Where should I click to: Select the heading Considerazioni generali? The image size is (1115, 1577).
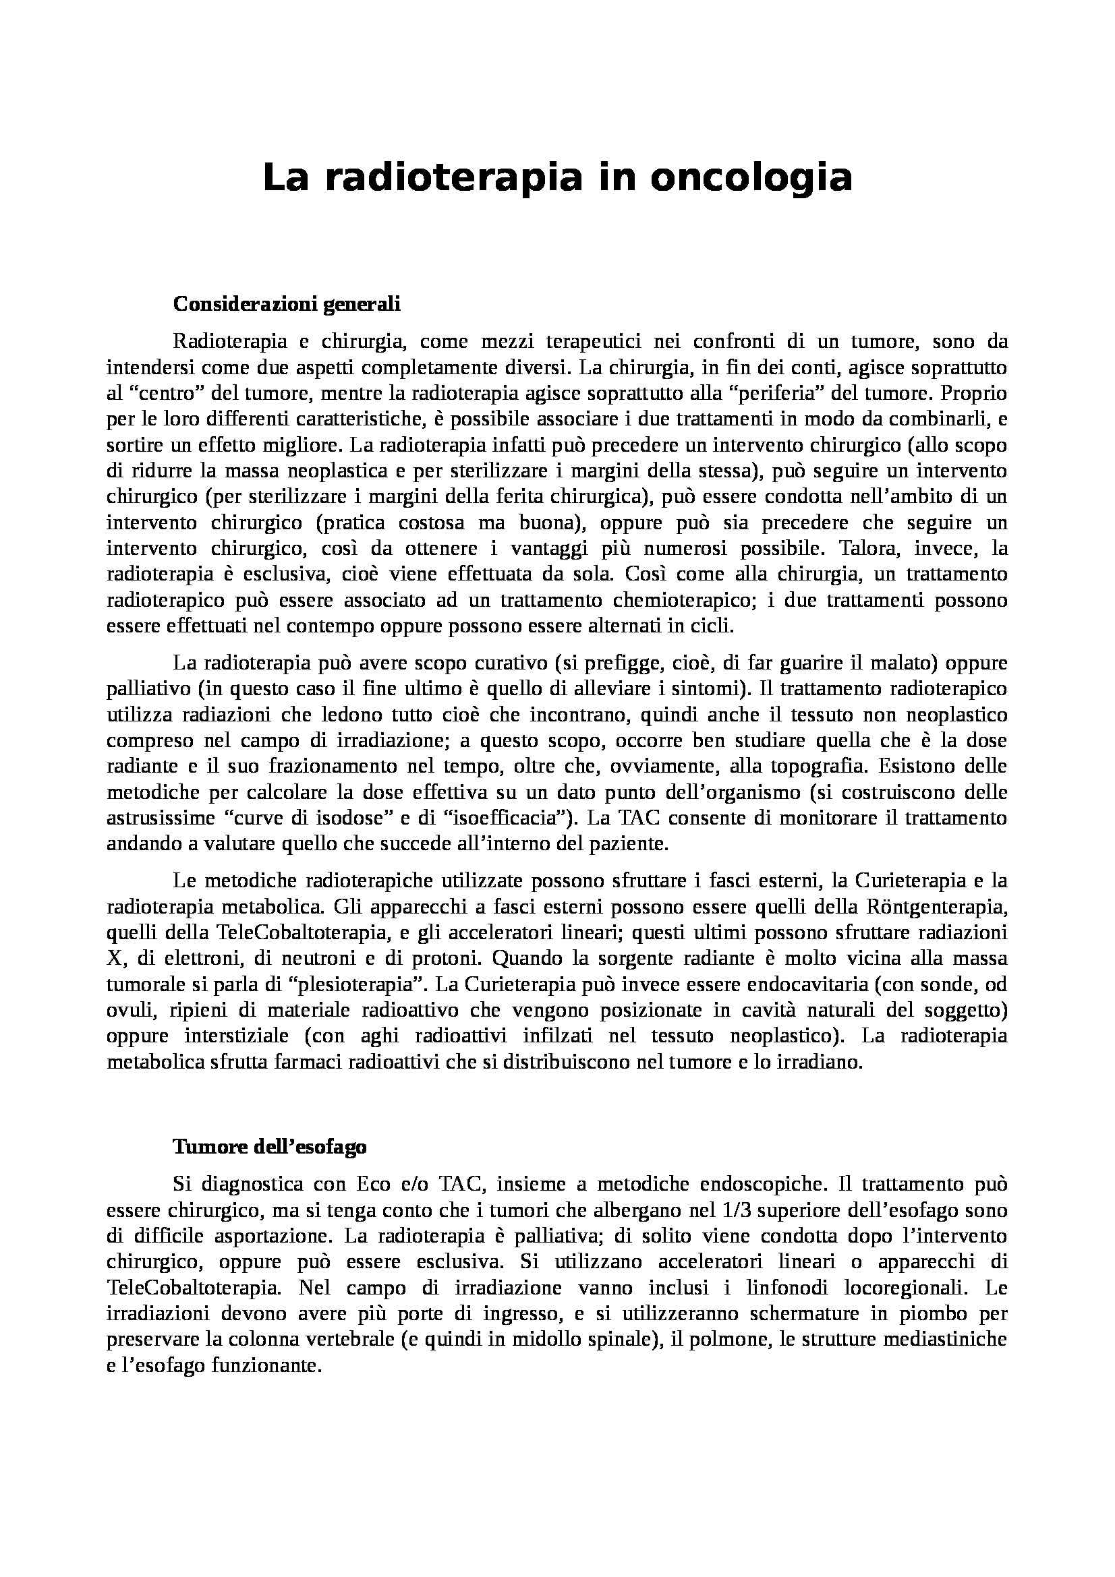pos(287,304)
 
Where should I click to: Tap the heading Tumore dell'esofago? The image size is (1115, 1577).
pos(269,1148)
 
